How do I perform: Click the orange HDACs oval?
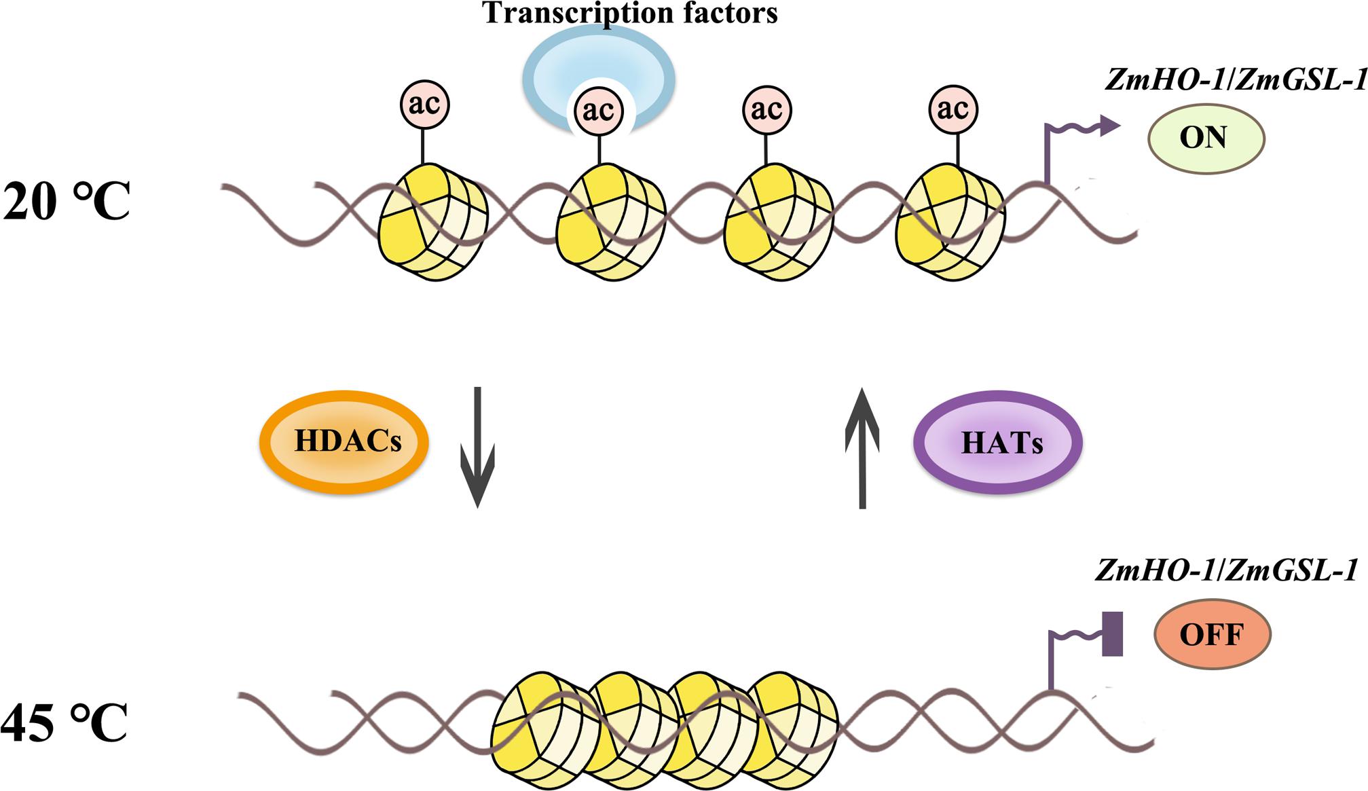click(x=344, y=441)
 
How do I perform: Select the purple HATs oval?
click(x=999, y=442)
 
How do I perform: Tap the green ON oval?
click(x=1206, y=138)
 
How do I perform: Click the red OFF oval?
click(x=1212, y=634)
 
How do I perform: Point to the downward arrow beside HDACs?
click(x=477, y=448)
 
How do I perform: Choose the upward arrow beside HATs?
click(x=862, y=448)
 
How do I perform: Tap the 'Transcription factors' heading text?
click(x=630, y=13)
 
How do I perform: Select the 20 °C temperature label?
click(x=66, y=202)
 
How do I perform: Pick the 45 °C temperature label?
click(x=64, y=722)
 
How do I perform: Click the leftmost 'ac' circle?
click(x=424, y=105)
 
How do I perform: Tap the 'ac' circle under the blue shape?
click(x=599, y=111)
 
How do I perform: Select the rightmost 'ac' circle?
click(x=954, y=109)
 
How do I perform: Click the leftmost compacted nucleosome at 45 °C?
click(x=536, y=730)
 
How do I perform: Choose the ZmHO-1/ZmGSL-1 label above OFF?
click(x=1226, y=570)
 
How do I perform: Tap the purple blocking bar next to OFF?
click(x=1112, y=633)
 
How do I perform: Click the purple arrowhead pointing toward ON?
click(x=1109, y=125)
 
